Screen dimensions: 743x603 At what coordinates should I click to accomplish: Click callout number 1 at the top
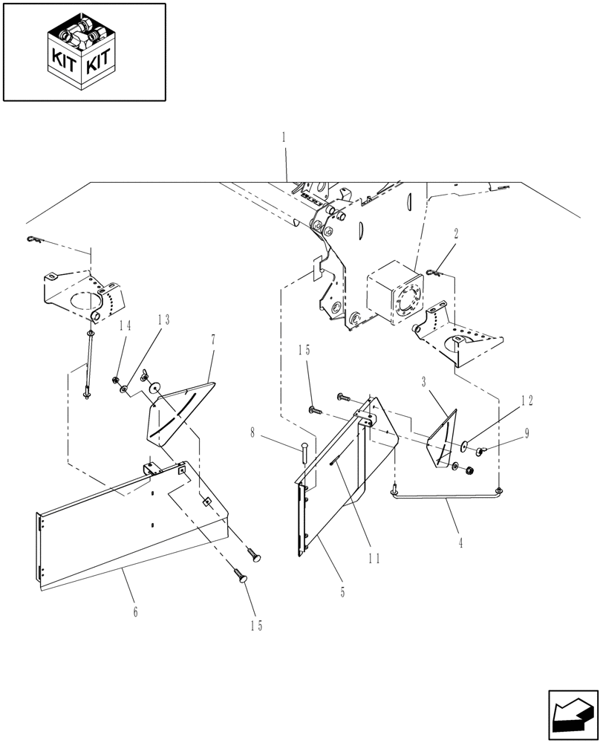click(284, 137)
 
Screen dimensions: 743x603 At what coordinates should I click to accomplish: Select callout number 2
click(455, 233)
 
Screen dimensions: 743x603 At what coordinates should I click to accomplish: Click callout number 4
click(460, 543)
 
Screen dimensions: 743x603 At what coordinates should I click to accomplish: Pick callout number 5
click(342, 593)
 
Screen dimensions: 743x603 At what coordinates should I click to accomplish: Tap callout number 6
click(135, 611)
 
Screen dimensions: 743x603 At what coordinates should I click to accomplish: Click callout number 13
click(163, 319)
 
